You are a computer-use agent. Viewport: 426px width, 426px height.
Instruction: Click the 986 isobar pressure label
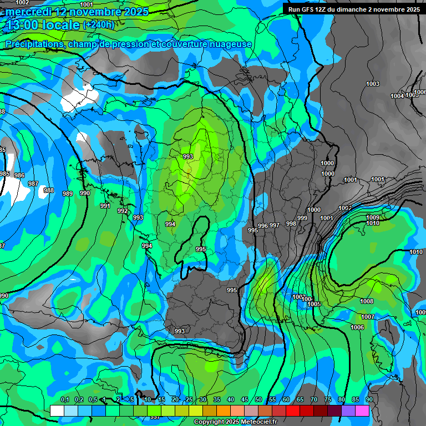click(19, 175)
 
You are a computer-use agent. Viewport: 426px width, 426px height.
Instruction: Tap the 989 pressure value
click(68, 194)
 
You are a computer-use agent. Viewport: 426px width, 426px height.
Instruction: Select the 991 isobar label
click(105, 206)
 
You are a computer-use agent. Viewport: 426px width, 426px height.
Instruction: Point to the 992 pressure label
click(123, 211)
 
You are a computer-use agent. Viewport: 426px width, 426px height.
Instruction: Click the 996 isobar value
click(263, 226)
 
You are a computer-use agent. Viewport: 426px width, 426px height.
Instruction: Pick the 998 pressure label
click(291, 224)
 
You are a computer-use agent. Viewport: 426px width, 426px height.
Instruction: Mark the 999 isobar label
click(302, 218)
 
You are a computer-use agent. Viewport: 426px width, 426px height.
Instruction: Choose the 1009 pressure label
click(373, 217)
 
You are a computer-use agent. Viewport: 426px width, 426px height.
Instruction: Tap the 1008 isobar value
click(367, 301)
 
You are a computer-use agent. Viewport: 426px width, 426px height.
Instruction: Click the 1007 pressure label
click(368, 317)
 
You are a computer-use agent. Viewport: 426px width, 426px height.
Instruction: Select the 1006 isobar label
click(357, 328)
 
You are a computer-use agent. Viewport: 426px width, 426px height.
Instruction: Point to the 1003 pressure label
click(373, 84)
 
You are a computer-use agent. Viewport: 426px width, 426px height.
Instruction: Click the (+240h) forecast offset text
click(98, 24)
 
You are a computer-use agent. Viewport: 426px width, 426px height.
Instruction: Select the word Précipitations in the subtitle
click(33, 44)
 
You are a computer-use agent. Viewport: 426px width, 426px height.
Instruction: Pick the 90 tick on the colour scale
click(369, 400)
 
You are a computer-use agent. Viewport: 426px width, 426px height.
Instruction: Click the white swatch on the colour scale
click(57, 410)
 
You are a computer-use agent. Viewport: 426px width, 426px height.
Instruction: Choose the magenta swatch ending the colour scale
click(362, 410)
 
